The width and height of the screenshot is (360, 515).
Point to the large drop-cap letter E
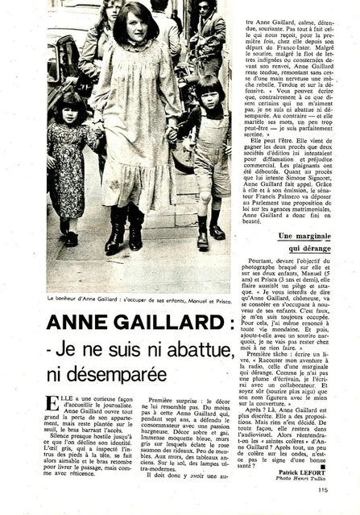tap(53, 402)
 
